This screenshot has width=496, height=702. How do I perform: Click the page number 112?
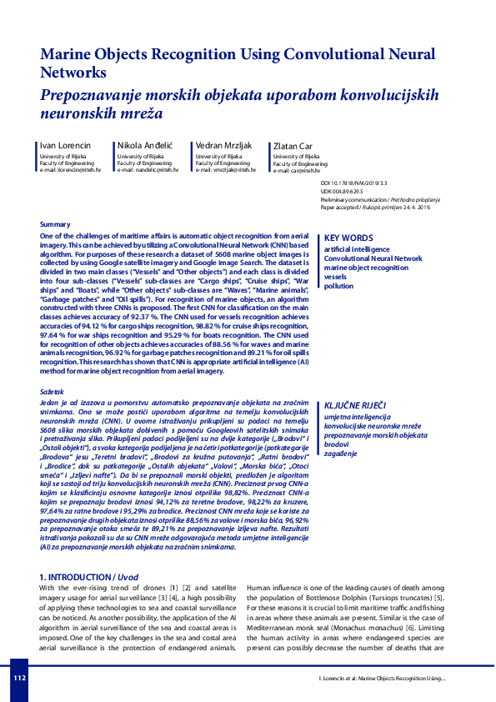click(x=20, y=678)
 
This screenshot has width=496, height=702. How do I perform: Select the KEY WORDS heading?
click(x=348, y=238)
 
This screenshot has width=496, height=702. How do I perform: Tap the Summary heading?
click(x=55, y=225)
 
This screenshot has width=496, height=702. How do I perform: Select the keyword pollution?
click(x=339, y=286)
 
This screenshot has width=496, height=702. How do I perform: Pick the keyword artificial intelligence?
click(x=356, y=249)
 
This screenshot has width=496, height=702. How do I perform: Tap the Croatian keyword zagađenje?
click(x=341, y=453)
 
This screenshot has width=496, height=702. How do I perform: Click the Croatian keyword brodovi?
click(x=337, y=444)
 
